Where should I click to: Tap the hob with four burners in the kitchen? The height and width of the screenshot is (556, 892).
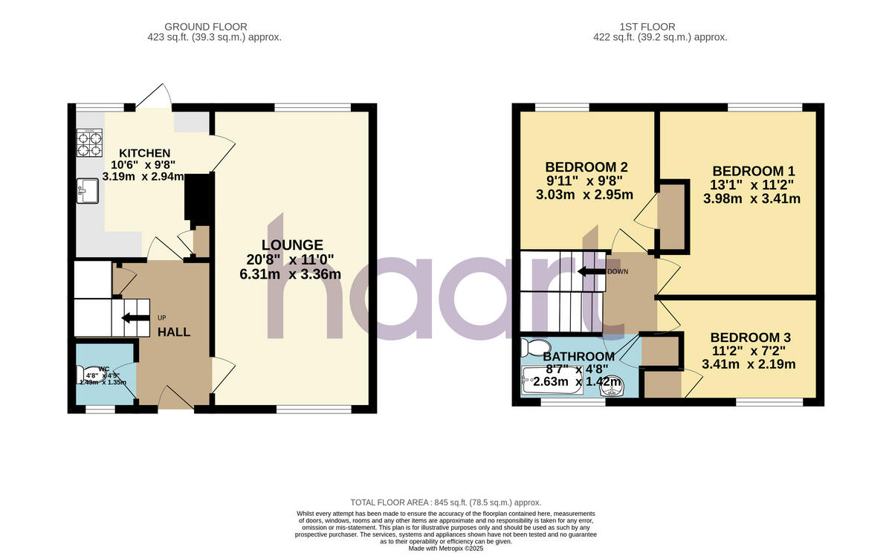[89, 143]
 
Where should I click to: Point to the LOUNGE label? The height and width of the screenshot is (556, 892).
[292, 245]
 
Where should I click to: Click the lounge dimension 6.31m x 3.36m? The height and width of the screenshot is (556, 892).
[291, 274]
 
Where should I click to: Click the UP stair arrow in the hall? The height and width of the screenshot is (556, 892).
[136, 318]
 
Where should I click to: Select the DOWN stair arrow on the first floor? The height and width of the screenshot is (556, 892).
[591, 271]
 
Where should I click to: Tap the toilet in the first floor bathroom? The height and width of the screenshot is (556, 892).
[534, 346]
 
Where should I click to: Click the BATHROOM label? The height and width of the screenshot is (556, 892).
[578, 356]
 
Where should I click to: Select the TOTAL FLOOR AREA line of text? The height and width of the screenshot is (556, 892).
[446, 502]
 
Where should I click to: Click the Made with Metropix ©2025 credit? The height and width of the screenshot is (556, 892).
[446, 549]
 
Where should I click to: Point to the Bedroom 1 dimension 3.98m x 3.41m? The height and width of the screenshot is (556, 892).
[752, 198]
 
